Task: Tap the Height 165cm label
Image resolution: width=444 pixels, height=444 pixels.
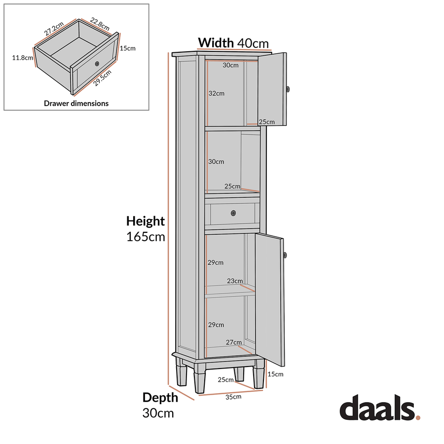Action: [146, 228]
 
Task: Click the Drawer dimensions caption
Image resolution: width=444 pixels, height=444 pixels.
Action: [76, 104]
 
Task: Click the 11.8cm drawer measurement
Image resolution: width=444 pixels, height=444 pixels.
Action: [22, 58]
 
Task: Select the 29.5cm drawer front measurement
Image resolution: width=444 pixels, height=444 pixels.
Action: [103, 77]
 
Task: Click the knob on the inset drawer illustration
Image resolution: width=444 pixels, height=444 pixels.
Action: [97, 64]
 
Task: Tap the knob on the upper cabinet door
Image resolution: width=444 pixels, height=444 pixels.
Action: [288, 89]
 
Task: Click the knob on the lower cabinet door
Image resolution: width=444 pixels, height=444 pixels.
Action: [286, 255]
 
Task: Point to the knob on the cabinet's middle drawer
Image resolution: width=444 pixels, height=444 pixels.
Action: [233, 213]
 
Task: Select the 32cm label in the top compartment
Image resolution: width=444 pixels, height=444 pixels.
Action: [216, 93]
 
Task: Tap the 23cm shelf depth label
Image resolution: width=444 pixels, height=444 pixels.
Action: [235, 281]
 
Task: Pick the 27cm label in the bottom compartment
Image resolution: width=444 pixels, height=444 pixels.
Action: [234, 342]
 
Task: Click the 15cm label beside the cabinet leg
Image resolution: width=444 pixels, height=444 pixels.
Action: [275, 374]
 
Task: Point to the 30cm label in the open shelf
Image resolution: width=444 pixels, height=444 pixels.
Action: [216, 162]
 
